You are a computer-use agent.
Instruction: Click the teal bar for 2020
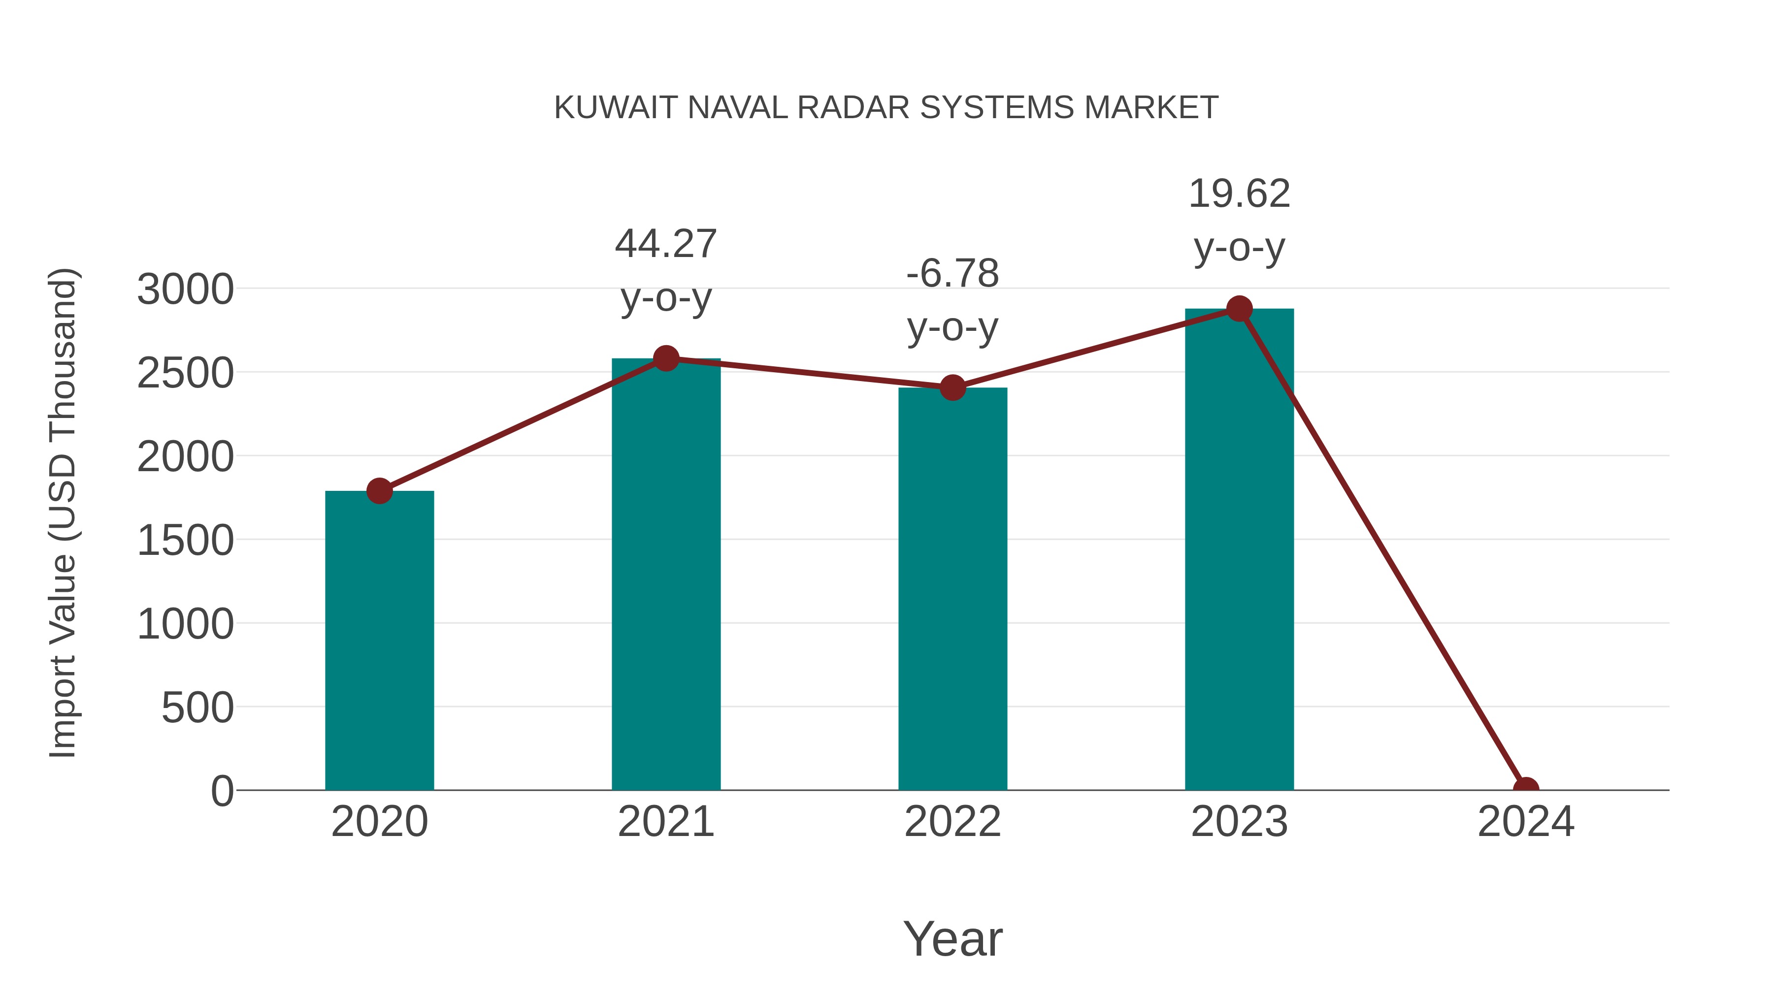point(379,640)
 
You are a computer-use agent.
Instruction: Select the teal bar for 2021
point(665,574)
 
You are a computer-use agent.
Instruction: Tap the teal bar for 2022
point(952,588)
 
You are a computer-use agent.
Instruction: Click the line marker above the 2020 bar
point(379,490)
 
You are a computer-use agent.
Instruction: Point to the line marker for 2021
point(665,358)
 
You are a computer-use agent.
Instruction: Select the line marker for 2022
point(952,388)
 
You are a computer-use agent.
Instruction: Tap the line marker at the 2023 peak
point(1239,309)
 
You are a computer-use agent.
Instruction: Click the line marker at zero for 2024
point(1525,789)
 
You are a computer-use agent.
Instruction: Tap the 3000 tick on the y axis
point(185,289)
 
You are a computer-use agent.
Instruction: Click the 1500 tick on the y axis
point(185,541)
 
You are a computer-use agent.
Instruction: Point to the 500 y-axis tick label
point(197,708)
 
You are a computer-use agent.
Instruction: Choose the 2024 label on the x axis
point(1525,822)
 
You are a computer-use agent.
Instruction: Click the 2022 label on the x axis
point(952,822)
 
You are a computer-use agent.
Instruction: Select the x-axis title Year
point(952,938)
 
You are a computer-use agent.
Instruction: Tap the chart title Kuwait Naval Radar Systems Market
point(886,108)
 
